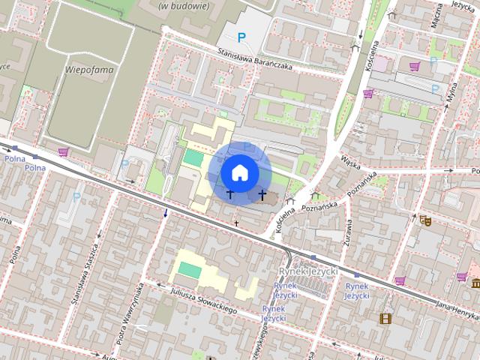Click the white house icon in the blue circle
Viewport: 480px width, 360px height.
(240, 173)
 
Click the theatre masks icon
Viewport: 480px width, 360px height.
(425, 220)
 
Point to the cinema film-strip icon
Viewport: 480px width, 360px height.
(385, 319)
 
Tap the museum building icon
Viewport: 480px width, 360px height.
(476, 283)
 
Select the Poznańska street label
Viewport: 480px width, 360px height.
(358, 189)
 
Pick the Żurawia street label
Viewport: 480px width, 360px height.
(349, 232)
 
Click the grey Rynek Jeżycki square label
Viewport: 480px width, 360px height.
(308, 271)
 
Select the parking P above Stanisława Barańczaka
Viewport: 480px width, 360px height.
(241, 37)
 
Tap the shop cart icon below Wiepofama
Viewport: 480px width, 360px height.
(63, 152)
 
